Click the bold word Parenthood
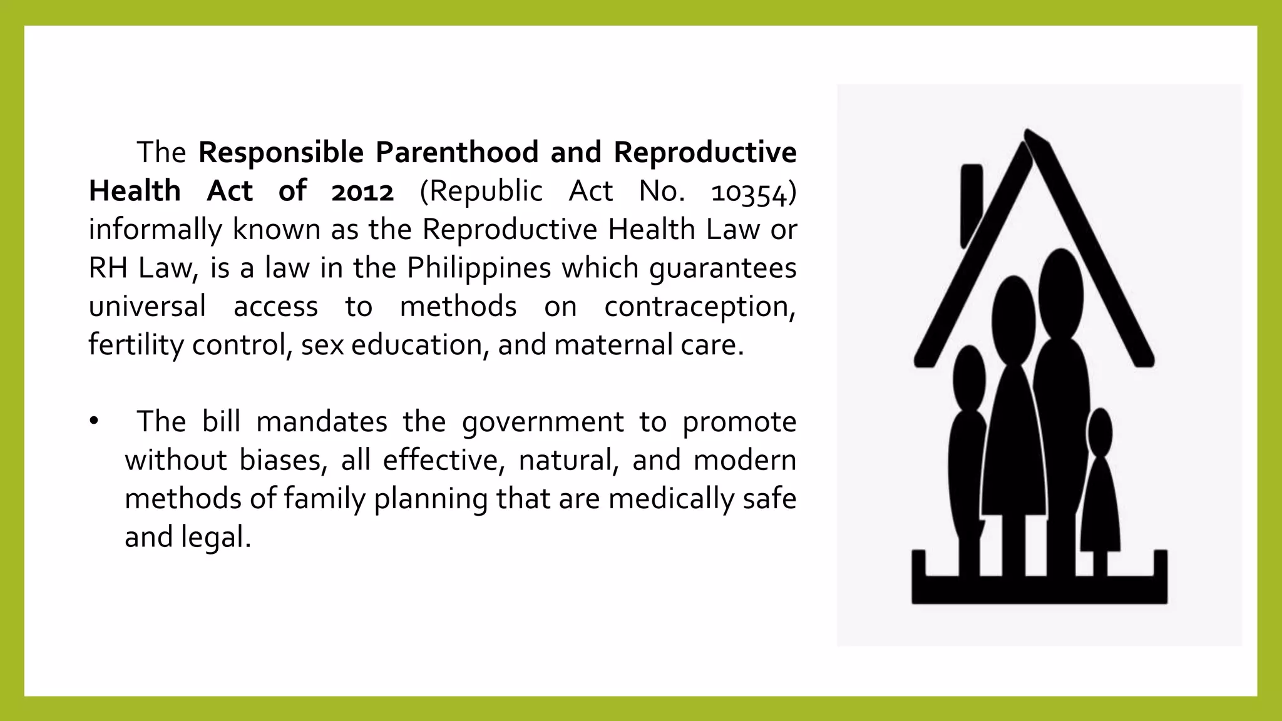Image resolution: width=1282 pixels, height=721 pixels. click(456, 153)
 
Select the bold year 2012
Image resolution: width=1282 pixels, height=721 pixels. click(362, 192)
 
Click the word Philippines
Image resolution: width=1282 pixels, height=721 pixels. click(479, 268)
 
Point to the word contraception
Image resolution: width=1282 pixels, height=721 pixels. click(699, 307)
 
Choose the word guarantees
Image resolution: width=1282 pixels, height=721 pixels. click(723, 268)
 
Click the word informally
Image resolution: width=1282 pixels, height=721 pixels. click(155, 230)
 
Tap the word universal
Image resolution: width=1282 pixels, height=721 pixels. click(147, 307)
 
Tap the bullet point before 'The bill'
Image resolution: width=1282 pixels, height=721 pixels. click(94, 421)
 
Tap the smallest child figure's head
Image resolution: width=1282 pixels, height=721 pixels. click(1100, 432)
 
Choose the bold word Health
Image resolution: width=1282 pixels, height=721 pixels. click(135, 192)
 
